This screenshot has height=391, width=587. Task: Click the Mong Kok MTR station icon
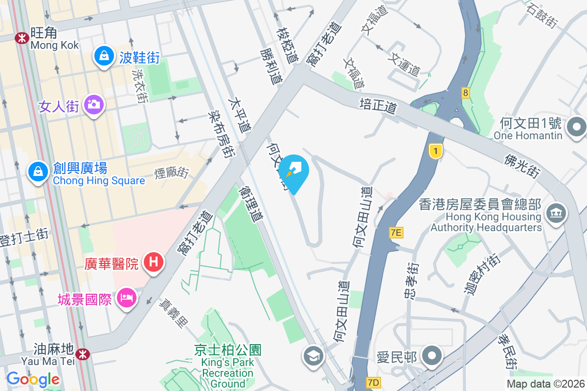pyautogui.click(x=22, y=38)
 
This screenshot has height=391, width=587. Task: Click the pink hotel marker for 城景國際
pyautogui.click(x=126, y=297)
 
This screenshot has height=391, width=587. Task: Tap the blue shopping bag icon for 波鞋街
pyautogui.click(x=104, y=56)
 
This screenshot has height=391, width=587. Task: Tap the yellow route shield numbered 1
pyautogui.click(x=435, y=152)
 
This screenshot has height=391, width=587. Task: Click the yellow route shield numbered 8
pyautogui.click(x=465, y=92)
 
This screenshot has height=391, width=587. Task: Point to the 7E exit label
pyautogui.click(x=396, y=233)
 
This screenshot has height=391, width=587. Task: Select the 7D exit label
pyautogui.click(x=373, y=381)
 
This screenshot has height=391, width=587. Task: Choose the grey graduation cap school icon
pyautogui.click(x=313, y=356)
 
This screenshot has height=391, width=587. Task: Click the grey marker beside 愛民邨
pyautogui.click(x=432, y=356)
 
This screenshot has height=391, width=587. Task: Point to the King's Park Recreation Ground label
pyautogui.click(x=228, y=367)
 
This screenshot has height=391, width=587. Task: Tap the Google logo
pyautogui.click(x=33, y=379)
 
